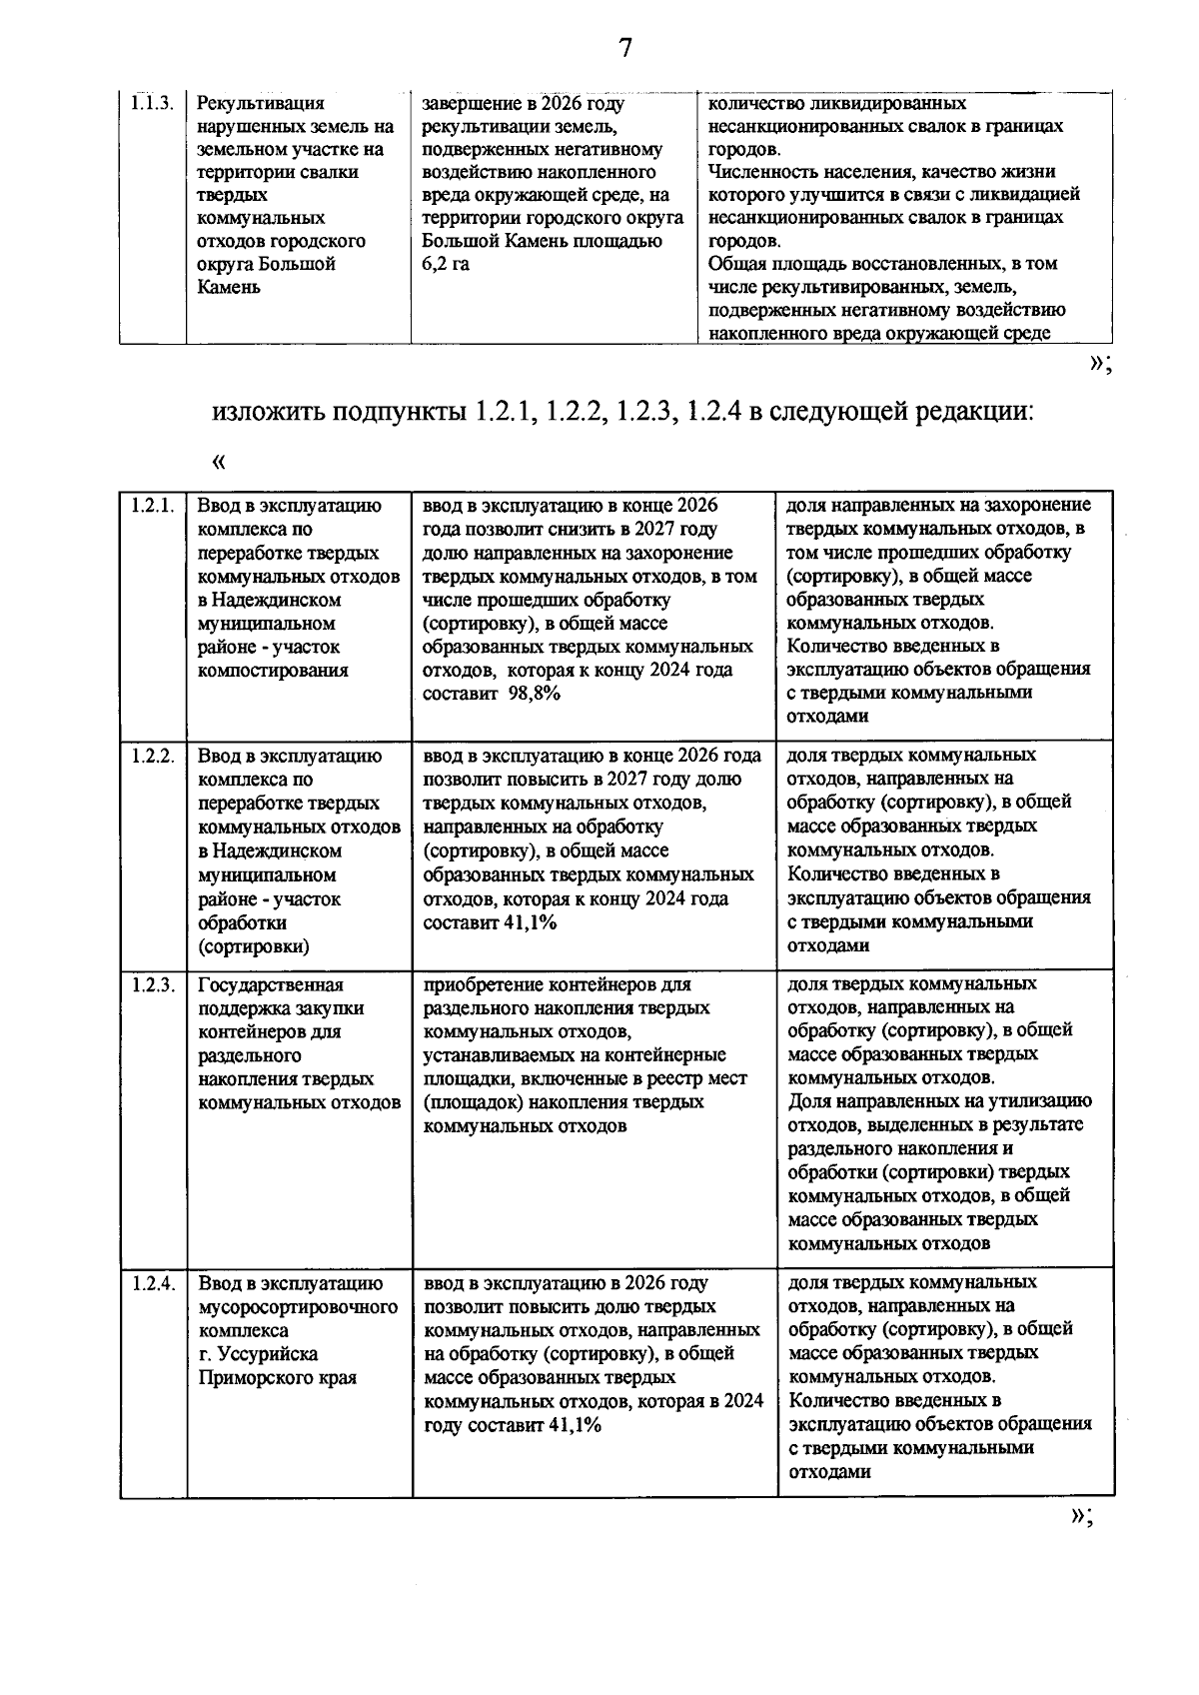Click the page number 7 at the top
tap(625, 48)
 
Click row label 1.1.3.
tap(153, 103)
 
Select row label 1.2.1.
tap(153, 506)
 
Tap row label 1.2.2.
tap(153, 756)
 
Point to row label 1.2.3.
tap(153, 984)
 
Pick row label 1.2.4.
tap(153, 1282)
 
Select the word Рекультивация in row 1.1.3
tap(261, 103)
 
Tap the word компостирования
tap(273, 671)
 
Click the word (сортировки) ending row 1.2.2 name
tap(254, 946)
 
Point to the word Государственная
tap(271, 984)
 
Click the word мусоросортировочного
tap(298, 1307)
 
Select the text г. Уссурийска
tap(258, 1354)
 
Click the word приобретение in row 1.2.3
tap(485, 984)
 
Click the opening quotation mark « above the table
tap(219, 462)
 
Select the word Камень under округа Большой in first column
tap(229, 288)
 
